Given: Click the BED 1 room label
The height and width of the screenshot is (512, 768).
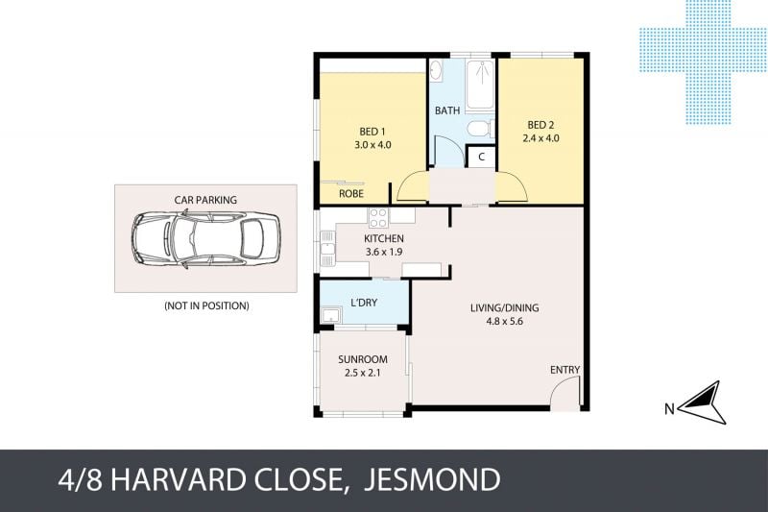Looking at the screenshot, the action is [x=372, y=132].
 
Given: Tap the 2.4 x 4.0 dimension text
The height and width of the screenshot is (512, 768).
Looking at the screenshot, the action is [x=540, y=138].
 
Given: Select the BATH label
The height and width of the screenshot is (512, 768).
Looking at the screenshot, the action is [x=447, y=110].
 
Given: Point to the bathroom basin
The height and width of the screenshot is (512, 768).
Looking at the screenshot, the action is [x=436, y=70].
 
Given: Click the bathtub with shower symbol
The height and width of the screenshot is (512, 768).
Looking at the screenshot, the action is [x=480, y=85].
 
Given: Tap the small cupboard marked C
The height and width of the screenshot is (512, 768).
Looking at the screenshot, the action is [x=481, y=157].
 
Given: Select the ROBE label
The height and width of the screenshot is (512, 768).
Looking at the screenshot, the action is [x=351, y=193].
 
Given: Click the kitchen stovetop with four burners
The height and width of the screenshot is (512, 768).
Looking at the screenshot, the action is [x=378, y=217].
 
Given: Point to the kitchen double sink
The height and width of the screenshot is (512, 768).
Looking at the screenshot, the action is [x=327, y=249].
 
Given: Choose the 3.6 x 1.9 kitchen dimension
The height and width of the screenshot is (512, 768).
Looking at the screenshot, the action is [x=384, y=252].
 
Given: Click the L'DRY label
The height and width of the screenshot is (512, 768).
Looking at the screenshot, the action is [x=364, y=303].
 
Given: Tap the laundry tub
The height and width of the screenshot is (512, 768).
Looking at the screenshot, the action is [x=331, y=315].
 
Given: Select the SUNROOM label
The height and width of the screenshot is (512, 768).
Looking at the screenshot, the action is [x=363, y=359].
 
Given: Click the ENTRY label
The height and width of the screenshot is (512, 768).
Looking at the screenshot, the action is [x=564, y=370].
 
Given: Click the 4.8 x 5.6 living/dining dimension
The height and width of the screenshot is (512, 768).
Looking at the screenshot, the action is [x=505, y=322].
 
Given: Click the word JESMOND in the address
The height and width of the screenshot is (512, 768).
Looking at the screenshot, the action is [x=431, y=479].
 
